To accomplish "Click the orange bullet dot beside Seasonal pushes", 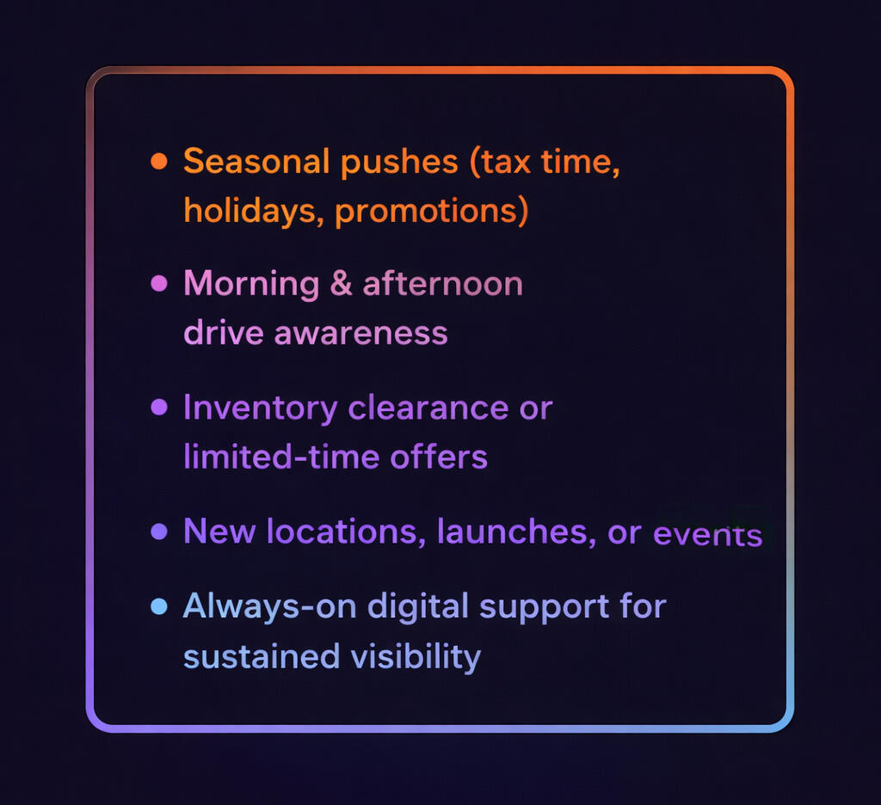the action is click(159, 161).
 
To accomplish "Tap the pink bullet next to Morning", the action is click(159, 283).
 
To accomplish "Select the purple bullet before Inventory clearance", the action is click(159, 407).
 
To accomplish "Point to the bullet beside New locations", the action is click(159, 532).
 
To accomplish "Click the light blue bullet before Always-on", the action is click(159, 606).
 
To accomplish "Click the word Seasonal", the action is click(256, 161).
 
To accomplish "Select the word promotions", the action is click(427, 212).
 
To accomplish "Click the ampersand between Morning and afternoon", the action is click(341, 283).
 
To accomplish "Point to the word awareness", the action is click(360, 334).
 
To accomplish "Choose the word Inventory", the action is click(260, 409).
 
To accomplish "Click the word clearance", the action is click(428, 408).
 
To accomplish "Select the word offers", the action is click(439, 456).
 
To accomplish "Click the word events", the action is click(708, 534).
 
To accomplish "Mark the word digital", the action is click(418, 608).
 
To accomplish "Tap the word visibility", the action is click(416, 657).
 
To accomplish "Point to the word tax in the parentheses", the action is click(507, 163).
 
